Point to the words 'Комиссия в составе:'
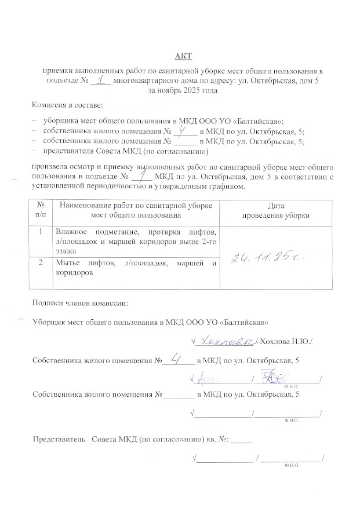point(67,105)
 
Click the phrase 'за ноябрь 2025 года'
point(183,91)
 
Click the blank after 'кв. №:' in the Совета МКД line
point(241,440)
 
